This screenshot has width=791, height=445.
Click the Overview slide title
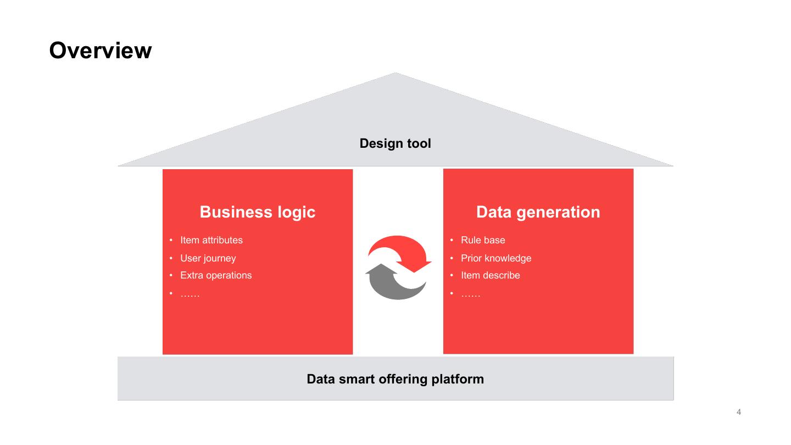tap(101, 51)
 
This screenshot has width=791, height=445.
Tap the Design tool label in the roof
tap(395, 144)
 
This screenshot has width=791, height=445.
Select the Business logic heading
tap(257, 212)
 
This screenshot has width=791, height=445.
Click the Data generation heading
tap(538, 212)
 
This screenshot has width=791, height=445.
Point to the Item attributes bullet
tap(211, 240)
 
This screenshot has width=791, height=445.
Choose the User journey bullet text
tap(208, 258)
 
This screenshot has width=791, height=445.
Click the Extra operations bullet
tap(216, 275)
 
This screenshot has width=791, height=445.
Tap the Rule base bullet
tap(483, 240)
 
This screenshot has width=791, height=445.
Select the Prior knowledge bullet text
tap(496, 258)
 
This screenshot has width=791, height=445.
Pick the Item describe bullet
tap(490, 275)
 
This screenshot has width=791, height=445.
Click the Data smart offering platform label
tap(395, 379)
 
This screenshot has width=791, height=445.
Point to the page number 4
tap(738, 412)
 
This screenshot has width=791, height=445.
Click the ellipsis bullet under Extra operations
tap(190, 295)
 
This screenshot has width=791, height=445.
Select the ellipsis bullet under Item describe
tap(470, 295)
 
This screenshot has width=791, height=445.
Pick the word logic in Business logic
tap(296, 212)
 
